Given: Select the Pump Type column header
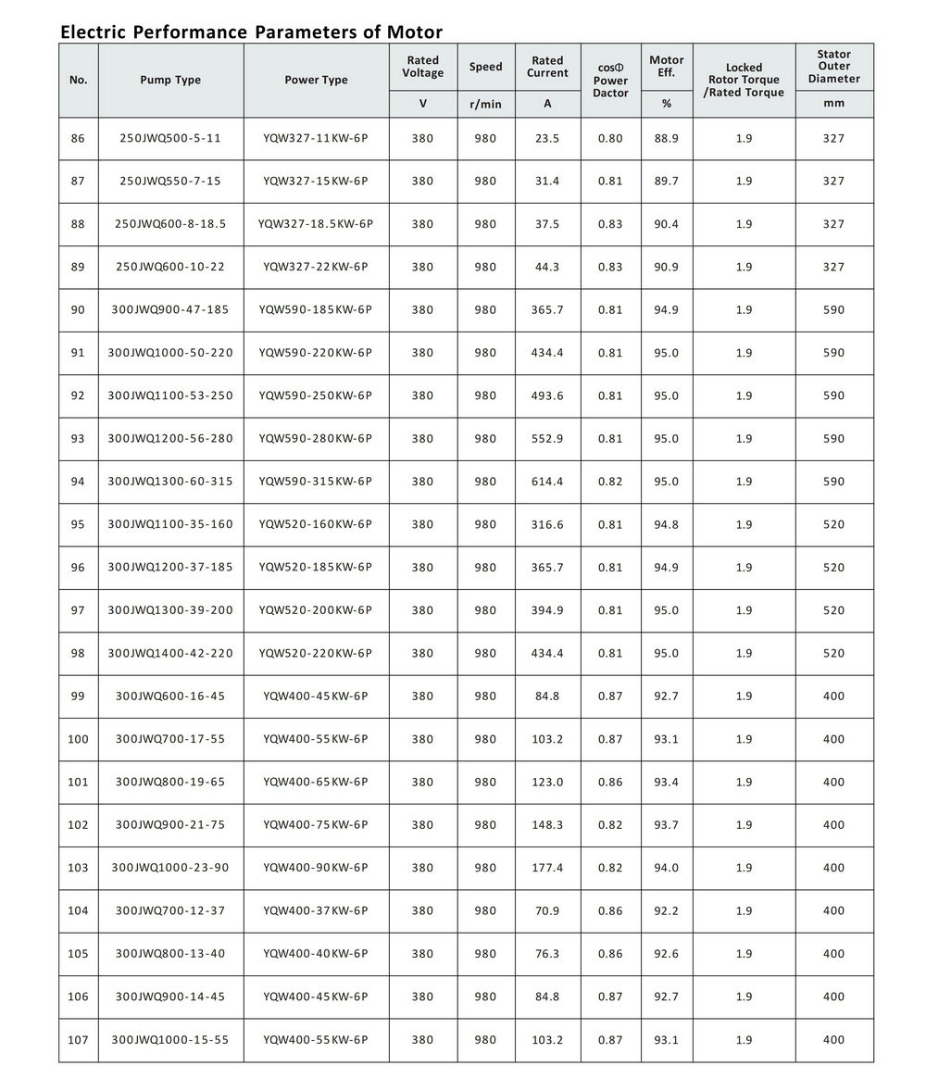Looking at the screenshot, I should (170, 80).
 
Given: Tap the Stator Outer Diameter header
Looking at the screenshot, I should (833, 67).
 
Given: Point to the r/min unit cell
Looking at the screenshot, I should (485, 104).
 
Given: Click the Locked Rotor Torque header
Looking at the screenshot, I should (744, 80).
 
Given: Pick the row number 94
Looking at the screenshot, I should (78, 482).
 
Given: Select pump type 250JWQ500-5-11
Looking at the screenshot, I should (170, 138).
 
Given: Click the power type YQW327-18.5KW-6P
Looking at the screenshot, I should (316, 224).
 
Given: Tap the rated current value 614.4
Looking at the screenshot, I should (547, 482).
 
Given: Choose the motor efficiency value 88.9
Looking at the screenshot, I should (666, 138).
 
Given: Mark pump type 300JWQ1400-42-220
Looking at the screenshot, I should (170, 653).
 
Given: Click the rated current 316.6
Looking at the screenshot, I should (547, 524).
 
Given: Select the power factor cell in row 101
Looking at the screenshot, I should (610, 782).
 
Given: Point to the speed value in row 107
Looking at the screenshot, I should (485, 1040).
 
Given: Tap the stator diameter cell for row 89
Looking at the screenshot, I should (833, 267).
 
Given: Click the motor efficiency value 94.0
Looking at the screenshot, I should (666, 868).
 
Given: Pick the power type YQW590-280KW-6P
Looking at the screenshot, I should (316, 438).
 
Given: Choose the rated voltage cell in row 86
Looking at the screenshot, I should (422, 138).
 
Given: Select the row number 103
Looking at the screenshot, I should (78, 868).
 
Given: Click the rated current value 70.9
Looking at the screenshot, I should (547, 910).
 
